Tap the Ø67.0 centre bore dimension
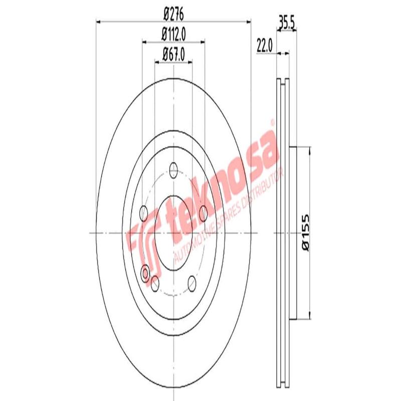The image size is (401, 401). pos(173,54)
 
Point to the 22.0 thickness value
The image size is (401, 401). pos(264,45)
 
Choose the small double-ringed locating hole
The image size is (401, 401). pos(146,273)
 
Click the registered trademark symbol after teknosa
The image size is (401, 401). pos(272,122)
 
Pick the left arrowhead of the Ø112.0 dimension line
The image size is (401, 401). pos(145,42)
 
